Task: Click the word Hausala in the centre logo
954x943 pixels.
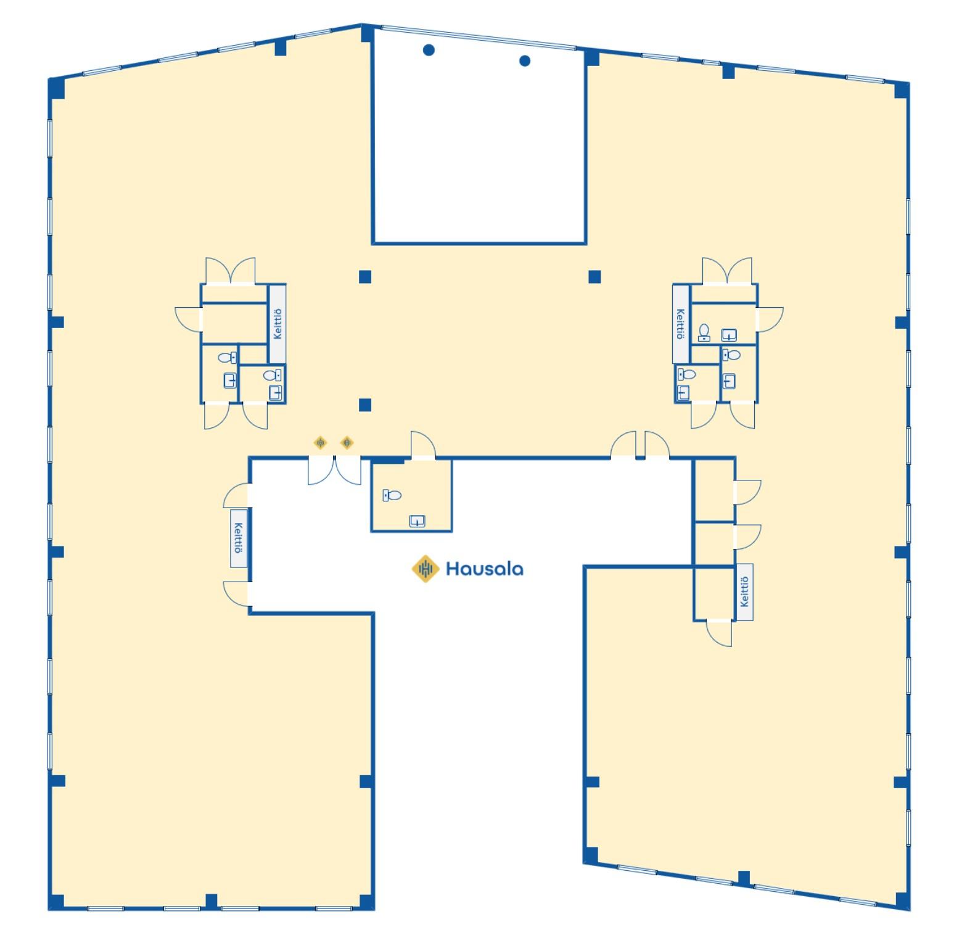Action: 484,568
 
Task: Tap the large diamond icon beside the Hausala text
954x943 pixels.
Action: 426,568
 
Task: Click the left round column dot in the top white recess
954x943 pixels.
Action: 429,50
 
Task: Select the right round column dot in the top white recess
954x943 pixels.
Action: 525,60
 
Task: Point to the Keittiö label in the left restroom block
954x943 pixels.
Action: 278,324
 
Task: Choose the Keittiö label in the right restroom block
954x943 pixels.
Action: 680,324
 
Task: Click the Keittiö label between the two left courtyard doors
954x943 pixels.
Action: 239,538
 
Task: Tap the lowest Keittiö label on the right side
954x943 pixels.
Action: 744,591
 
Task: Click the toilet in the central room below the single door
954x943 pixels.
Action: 392,495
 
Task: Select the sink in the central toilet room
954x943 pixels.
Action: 417,521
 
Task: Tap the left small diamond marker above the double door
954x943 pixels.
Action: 320,442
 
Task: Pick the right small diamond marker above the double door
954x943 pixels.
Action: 347,442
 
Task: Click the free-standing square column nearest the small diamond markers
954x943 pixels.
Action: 365,405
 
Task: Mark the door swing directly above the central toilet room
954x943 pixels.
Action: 423,445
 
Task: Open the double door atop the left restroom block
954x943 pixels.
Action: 230,271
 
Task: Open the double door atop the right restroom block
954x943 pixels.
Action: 727,271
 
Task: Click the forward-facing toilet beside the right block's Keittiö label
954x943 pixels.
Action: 704,332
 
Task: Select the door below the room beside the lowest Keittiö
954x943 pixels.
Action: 719,633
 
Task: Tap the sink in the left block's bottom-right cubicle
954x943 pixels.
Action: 276,392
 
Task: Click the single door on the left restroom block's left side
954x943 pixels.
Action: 189,318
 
